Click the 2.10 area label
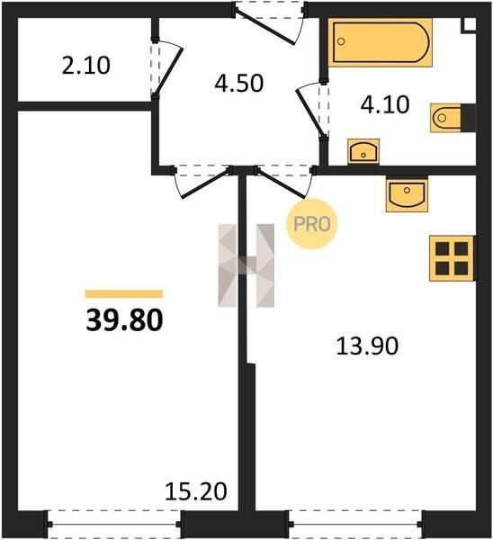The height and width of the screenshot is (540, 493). pyautogui.click(x=86, y=66)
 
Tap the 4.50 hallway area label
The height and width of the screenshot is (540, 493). pyautogui.click(x=239, y=83)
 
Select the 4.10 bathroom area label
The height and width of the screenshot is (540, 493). pyautogui.click(x=385, y=104)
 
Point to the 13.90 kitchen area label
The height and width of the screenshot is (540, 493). pyautogui.click(x=367, y=346)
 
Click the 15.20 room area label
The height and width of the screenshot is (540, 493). pyautogui.click(x=196, y=491)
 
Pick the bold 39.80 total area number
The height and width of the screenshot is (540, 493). pyautogui.click(x=124, y=319)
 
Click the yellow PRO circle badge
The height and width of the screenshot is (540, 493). pyautogui.click(x=312, y=224)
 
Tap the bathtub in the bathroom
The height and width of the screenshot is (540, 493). pyautogui.click(x=380, y=42)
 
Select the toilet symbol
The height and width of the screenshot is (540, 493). pyautogui.click(x=452, y=118)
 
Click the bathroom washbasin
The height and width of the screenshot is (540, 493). pyautogui.click(x=363, y=151)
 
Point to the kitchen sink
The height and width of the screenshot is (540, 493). pyautogui.click(x=407, y=193)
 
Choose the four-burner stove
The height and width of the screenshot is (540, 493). pyautogui.click(x=452, y=258)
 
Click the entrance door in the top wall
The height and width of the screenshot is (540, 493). pyautogui.click(x=271, y=22)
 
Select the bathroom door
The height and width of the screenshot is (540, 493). pyautogui.click(x=311, y=110)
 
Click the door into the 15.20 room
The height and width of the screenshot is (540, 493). pyautogui.click(x=203, y=182)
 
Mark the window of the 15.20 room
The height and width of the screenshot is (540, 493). pyautogui.click(x=113, y=524)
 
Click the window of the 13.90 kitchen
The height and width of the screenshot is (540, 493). pyautogui.click(x=355, y=524)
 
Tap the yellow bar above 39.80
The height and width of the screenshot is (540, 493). pyautogui.click(x=124, y=293)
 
